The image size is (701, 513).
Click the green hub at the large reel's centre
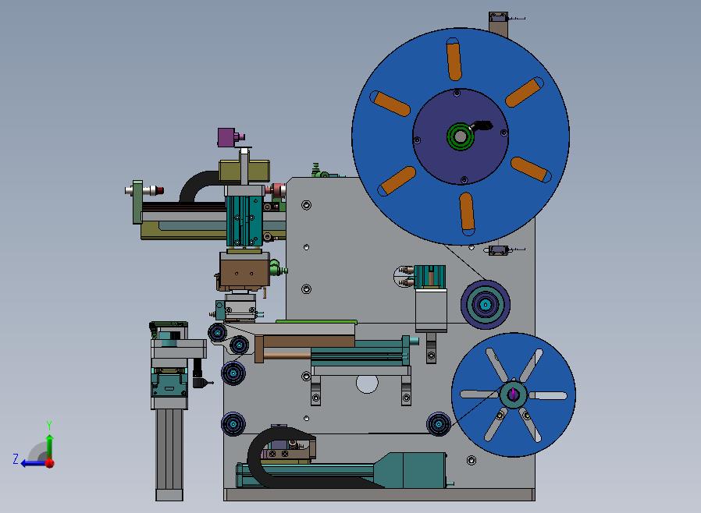[x=461, y=136]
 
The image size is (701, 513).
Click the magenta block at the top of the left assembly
[x=226, y=137]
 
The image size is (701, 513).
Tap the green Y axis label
[x=49, y=424]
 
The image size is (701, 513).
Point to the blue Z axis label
[x=16, y=458]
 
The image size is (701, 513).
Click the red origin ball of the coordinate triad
[x=50, y=463]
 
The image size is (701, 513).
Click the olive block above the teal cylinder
[x=244, y=171]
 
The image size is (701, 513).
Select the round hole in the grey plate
[x=367, y=384]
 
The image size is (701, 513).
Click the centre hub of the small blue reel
[x=514, y=394]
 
